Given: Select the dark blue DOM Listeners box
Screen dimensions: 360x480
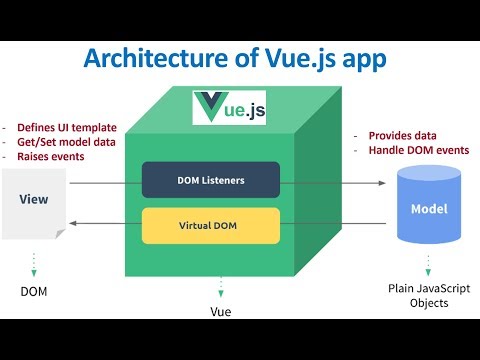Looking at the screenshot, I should click(x=210, y=181).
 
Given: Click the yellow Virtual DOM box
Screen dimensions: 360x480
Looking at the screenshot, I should click(x=210, y=225).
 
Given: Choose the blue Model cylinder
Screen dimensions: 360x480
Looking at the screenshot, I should click(x=429, y=208).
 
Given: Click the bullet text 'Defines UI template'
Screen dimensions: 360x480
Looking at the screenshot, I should click(x=66, y=127).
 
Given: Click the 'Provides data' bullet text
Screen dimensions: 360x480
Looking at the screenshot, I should click(x=394, y=135).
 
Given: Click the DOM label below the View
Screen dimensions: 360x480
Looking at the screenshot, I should click(x=34, y=291).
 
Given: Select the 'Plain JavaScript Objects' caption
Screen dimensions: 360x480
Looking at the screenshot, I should click(x=428, y=296).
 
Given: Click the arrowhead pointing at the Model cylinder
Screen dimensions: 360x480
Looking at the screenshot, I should click(x=381, y=182).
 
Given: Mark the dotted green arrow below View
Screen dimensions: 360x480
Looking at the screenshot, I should click(x=34, y=262).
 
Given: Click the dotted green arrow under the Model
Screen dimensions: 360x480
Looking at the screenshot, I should click(x=428, y=265).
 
